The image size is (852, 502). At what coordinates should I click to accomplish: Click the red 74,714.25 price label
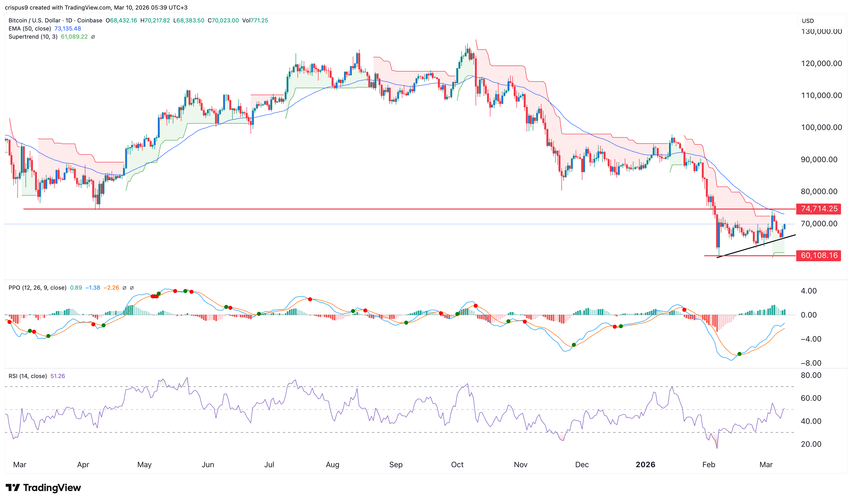click(819, 209)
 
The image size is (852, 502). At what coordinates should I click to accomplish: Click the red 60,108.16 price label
click(819, 255)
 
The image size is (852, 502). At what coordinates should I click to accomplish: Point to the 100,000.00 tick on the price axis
click(821, 128)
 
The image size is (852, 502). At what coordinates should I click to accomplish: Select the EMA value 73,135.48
click(68, 28)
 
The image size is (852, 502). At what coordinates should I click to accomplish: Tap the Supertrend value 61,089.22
click(74, 36)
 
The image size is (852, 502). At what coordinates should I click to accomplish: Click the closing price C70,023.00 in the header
click(223, 20)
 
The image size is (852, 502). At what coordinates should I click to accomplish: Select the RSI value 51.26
click(57, 376)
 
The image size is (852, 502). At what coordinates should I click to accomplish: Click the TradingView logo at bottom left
click(43, 488)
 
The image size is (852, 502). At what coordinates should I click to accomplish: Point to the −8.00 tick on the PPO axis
click(811, 363)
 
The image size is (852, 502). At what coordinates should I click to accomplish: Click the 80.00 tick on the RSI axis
click(811, 375)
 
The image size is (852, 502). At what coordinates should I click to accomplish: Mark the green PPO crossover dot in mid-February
click(739, 354)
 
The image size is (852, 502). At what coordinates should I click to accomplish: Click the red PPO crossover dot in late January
click(684, 310)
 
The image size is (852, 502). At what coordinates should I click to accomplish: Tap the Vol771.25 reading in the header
click(255, 20)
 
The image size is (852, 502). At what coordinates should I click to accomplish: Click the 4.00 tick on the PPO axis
click(809, 291)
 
